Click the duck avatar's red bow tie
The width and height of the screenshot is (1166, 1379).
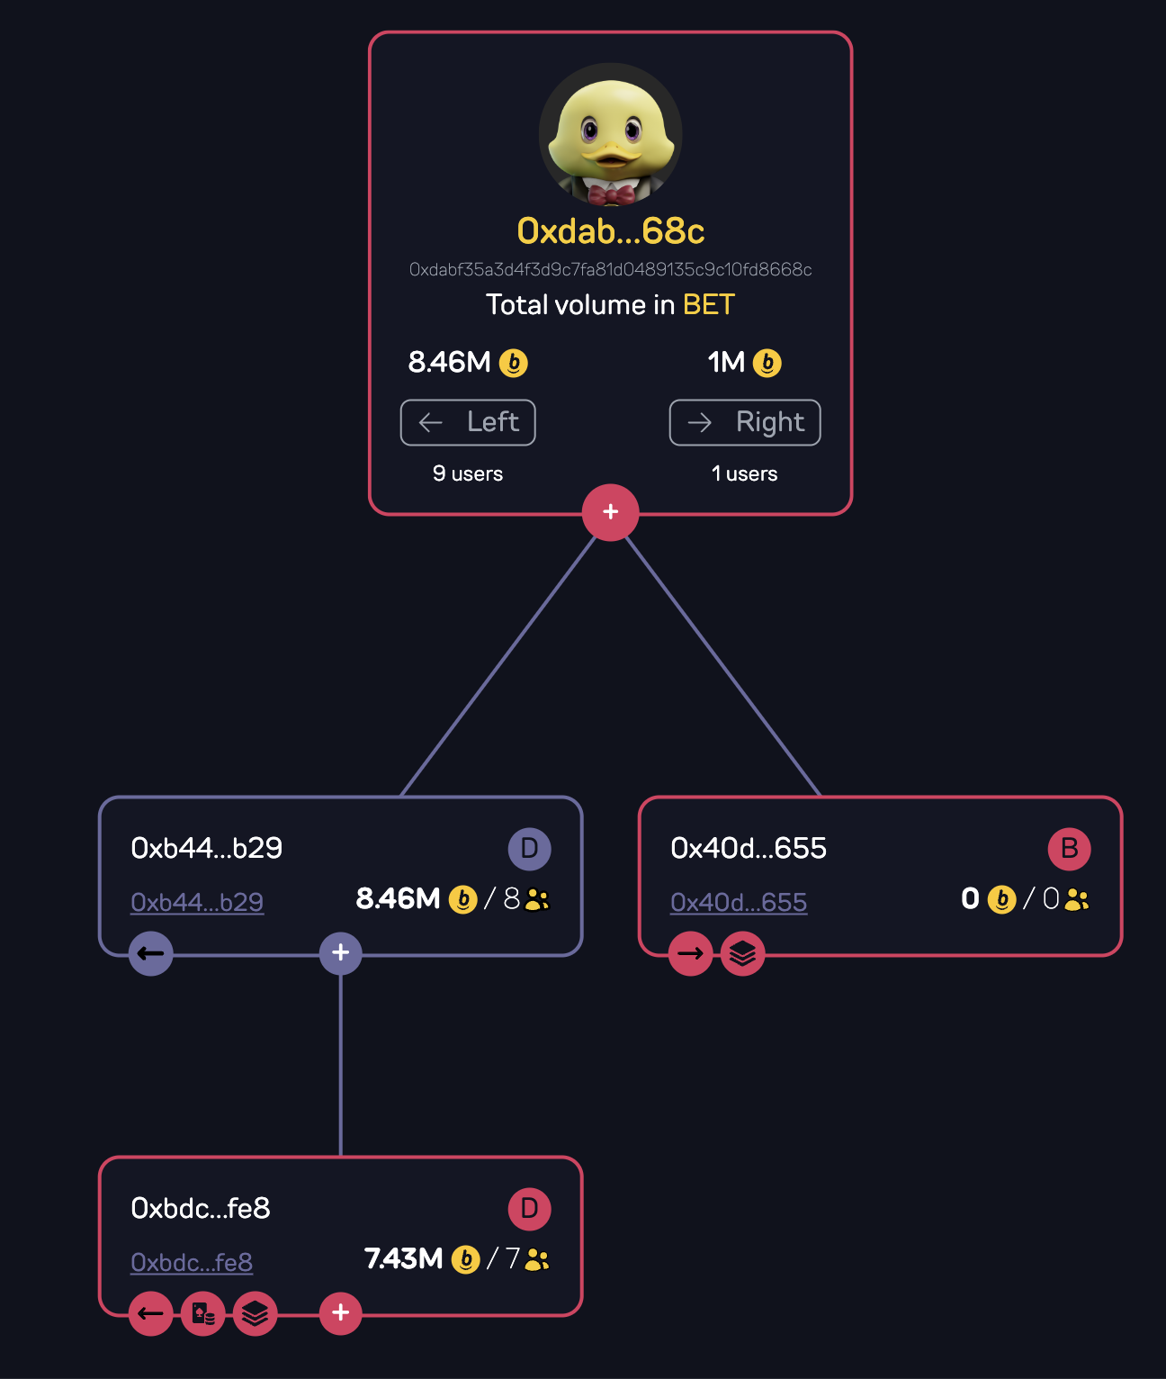[611, 194]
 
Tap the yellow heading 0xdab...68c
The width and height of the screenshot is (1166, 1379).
[610, 231]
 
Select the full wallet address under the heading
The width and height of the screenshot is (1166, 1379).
[610, 270]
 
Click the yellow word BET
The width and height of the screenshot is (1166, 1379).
[709, 305]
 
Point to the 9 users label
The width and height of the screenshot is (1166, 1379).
[468, 473]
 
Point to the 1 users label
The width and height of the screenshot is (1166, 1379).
[744, 473]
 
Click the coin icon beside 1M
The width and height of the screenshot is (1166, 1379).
[767, 363]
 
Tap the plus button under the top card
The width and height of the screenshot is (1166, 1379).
[610, 512]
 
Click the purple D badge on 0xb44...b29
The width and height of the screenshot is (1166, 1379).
[529, 848]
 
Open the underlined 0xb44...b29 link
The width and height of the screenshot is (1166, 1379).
[197, 902]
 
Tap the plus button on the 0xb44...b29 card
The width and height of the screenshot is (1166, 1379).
[340, 952]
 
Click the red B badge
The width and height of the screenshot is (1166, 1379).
[1069, 848]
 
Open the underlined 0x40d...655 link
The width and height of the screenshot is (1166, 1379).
[739, 902]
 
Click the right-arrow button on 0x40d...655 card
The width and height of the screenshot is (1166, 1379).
[691, 953]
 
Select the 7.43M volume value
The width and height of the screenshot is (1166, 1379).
[403, 1258]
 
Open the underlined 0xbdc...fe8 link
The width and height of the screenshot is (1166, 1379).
[192, 1262]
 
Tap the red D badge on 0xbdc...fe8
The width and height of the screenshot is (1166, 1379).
[529, 1208]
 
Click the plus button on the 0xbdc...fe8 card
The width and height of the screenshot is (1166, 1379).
[340, 1312]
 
